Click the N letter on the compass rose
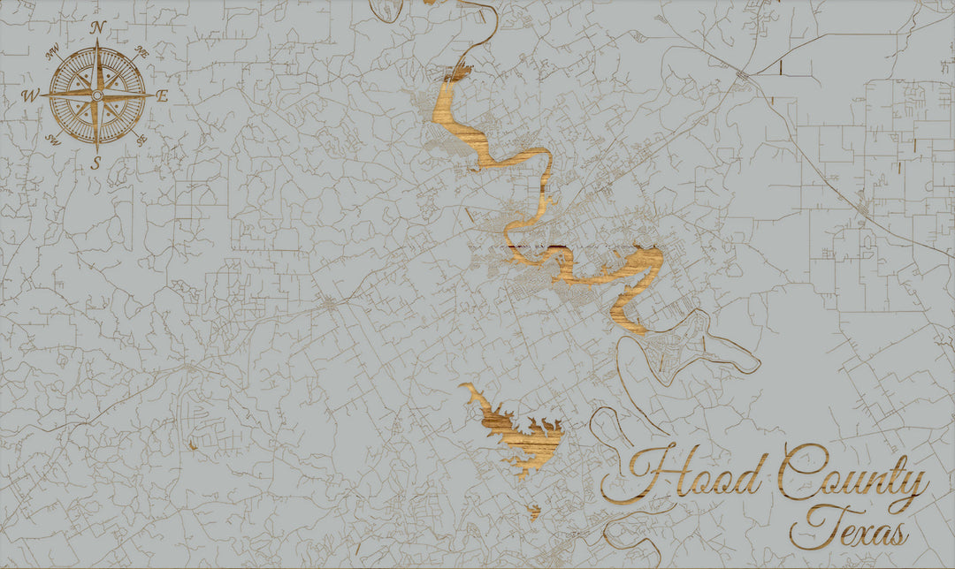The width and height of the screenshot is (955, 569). (98, 27)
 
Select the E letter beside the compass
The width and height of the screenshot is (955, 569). (163, 96)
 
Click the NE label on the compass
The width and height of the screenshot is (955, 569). (141, 53)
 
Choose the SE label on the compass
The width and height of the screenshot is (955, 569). (142, 140)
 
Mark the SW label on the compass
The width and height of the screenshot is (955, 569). (52, 139)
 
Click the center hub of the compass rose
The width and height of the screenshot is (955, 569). (98, 93)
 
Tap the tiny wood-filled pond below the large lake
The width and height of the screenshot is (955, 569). (534, 510)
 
